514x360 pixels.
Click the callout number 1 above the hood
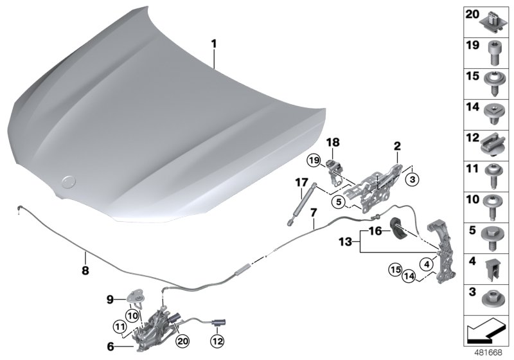tap(215, 44)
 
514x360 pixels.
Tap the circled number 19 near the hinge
tap(313, 159)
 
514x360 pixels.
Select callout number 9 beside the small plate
tap(110, 298)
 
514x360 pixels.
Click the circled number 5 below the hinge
tap(338, 202)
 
